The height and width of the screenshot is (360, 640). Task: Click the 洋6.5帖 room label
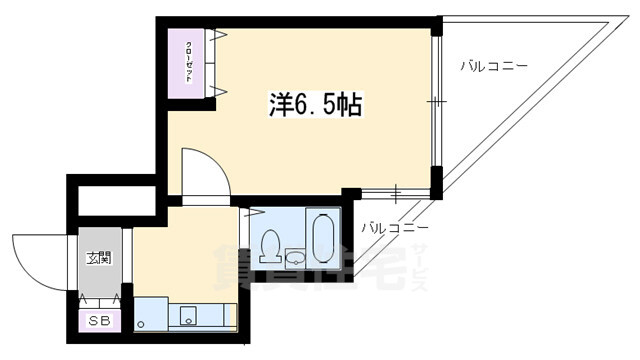coord(314,103)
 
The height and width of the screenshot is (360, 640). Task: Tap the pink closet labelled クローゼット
coord(189,62)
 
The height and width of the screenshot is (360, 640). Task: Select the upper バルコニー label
coord(494,67)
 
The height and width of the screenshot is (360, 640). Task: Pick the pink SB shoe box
coord(100,321)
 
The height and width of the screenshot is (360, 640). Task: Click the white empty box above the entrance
coord(112,201)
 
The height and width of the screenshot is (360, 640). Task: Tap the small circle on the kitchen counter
coord(141,323)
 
